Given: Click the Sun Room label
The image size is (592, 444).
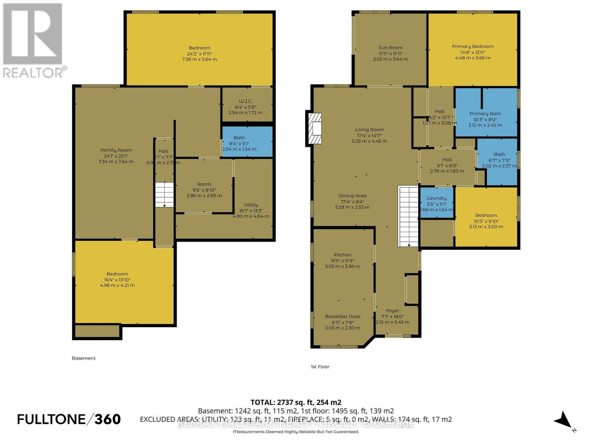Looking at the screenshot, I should coord(390,48).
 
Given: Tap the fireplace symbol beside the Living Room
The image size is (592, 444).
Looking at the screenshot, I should coord(314,128).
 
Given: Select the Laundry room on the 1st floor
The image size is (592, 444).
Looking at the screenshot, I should coord(437,203).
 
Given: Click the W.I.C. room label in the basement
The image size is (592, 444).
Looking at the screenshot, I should coord(245,101).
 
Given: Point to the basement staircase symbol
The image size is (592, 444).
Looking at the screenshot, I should coord(164,195).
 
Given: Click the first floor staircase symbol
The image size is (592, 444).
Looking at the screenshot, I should coord(408,216).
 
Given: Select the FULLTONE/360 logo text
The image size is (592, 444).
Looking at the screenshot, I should coord(69,419).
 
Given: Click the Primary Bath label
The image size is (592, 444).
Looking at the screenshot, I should coord(485,114).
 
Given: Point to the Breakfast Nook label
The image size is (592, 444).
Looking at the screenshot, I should coord(343,317).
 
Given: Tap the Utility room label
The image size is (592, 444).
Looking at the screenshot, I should coord(251,205).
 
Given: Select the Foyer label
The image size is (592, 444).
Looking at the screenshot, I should coord(393,311).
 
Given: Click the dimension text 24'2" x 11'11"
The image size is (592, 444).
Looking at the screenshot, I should coord(199,54).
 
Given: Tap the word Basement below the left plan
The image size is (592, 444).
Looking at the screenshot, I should coord(84,358).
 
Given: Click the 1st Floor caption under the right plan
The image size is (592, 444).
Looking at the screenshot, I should coord(320,367).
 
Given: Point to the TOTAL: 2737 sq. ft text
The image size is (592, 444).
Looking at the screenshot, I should coord(296,403).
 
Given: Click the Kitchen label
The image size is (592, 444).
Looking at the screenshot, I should coord(342,255).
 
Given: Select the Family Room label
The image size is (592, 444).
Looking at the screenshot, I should coord(116,150).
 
